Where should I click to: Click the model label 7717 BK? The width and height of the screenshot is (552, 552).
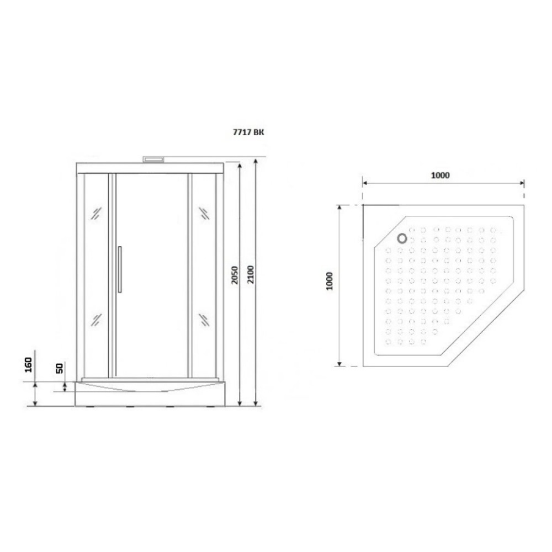pos(248,132)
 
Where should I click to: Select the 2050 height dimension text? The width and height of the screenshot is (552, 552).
pos(235,275)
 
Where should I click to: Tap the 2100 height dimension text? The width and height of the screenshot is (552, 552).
pos(250,274)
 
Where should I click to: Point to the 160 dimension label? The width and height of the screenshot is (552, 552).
pos(28,364)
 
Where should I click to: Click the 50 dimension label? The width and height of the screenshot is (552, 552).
pos(59,368)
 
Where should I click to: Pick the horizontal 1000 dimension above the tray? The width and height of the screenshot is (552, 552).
pos(440,175)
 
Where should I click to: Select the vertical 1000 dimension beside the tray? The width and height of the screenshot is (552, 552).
pos(330,281)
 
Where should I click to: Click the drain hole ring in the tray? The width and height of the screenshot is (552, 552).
pos(402,238)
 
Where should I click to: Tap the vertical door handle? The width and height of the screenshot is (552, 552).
pos(120,269)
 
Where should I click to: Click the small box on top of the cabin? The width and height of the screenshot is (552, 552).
pos(154,160)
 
